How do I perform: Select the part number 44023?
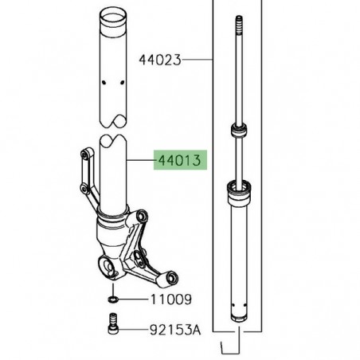pyautogui.click(x=161, y=59)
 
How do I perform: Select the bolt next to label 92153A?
pyautogui.click(x=114, y=325)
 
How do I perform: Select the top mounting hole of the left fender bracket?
pyautogui.click(x=85, y=154)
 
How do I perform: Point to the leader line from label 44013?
pyautogui.click(x=143, y=161)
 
